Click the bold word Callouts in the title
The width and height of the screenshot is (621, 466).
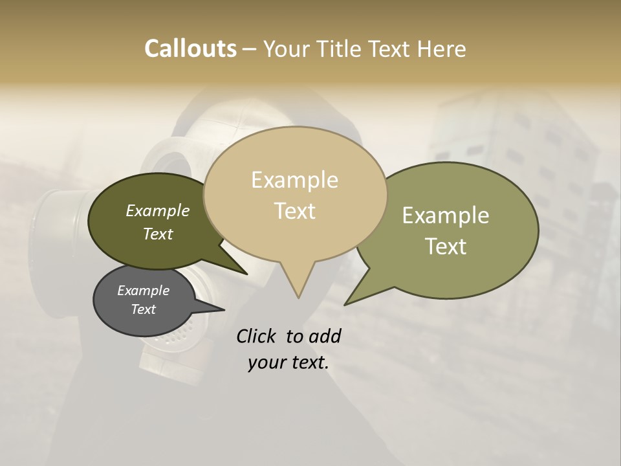[x=190, y=49]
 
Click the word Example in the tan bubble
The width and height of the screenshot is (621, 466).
[x=295, y=180]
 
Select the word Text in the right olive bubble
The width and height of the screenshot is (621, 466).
[x=446, y=247]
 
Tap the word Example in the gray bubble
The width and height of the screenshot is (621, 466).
[x=143, y=291]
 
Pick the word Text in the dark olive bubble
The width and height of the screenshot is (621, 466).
[x=158, y=234]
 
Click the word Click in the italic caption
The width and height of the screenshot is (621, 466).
[x=256, y=336]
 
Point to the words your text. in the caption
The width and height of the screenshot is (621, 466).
[x=289, y=362]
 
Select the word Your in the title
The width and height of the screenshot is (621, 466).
[x=287, y=49]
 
